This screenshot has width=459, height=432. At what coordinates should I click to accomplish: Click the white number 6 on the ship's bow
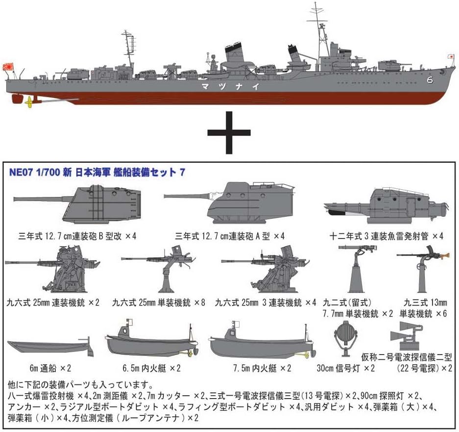430,79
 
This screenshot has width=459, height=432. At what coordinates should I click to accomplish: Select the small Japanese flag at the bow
451,56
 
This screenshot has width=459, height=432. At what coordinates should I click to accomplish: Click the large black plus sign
229,132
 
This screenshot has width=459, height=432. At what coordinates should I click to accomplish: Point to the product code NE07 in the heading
21,172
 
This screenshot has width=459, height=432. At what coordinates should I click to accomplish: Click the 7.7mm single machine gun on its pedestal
357,269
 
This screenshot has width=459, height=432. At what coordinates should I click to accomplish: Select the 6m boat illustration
50,347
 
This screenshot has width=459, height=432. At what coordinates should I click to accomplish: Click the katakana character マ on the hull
205,86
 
